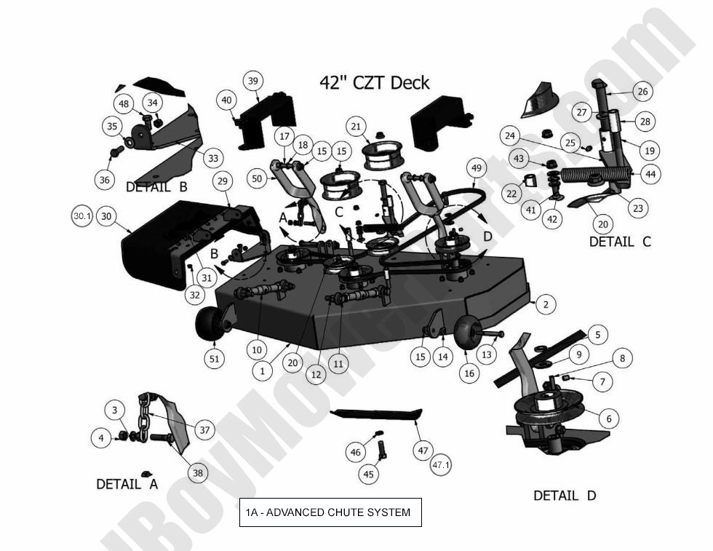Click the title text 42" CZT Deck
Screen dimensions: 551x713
click(x=375, y=82)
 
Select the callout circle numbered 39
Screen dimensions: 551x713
click(x=252, y=81)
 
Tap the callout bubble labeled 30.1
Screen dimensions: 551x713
click(x=82, y=216)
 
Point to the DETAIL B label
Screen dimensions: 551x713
click(x=156, y=187)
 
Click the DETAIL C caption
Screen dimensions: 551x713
click(x=620, y=242)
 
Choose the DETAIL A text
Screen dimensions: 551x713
click(x=127, y=484)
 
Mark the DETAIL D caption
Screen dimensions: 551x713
click(x=565, y=496)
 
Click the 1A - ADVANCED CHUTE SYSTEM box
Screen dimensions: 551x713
click(x=330, y=512)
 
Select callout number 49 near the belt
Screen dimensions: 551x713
click(x=477, y=168)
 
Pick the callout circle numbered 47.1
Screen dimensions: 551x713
click(x=442, y=464)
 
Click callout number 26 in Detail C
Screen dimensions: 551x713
click(x=642, y=92)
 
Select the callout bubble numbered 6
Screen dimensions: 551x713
click(x=608, y=419)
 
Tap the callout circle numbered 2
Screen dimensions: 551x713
click(x=546, y=305)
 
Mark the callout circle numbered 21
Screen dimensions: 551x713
click(x=356, y=127)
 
